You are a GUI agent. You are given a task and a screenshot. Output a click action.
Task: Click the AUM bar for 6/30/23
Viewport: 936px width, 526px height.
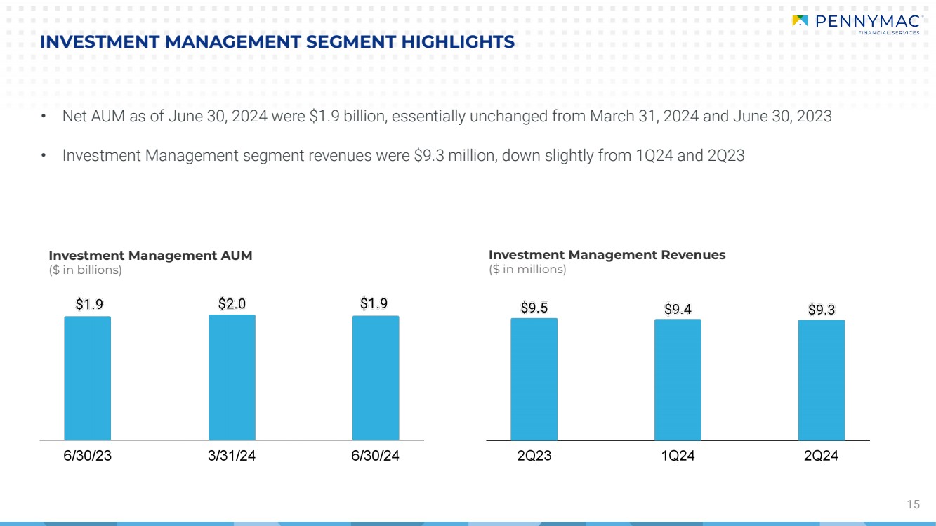[x=87, y=378]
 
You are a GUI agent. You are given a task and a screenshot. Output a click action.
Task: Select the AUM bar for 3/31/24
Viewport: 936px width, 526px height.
[x=232, y=377]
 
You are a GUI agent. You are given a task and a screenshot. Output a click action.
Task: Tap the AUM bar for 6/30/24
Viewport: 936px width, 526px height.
[x=376, y=378]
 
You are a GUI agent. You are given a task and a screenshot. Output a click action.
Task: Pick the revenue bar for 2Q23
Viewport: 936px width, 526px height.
[x=534, y=379]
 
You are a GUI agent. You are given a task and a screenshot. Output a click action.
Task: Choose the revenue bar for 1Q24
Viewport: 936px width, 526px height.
[x=678, y=380]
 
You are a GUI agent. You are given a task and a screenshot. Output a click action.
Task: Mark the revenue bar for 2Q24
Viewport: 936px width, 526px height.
[x=822, y=380]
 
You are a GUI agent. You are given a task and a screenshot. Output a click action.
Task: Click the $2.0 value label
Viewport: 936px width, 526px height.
[x=232, y=304]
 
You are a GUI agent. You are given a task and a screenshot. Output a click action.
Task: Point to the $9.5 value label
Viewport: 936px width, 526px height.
[x=534, y=308]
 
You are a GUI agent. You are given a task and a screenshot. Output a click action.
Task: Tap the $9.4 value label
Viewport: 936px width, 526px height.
[x=678, y=309]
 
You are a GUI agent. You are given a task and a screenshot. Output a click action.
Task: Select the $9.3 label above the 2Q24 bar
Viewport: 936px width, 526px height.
[x=822, y=310]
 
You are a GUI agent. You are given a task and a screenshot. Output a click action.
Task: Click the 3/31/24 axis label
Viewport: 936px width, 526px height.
[x=232, y=456]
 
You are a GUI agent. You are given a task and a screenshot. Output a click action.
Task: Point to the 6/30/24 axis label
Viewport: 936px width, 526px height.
[x=376, y=456]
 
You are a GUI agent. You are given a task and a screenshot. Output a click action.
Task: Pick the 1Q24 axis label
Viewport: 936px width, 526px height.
[x=678, y=456]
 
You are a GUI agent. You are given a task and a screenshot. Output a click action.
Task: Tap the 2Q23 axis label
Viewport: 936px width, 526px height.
[x=534, y=456]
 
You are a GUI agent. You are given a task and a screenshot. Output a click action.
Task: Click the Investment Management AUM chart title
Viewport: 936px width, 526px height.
[x=150, y=256]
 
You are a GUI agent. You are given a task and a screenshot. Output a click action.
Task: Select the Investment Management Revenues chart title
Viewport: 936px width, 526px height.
[x=607, y=255]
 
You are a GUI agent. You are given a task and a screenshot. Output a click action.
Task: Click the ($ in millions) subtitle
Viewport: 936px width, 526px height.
[x=527, y=269]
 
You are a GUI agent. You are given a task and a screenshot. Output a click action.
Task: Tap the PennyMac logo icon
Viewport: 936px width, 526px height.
[x=800, y=20]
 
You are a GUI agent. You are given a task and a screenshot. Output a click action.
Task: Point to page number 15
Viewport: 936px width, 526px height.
[x=913, y=504]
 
